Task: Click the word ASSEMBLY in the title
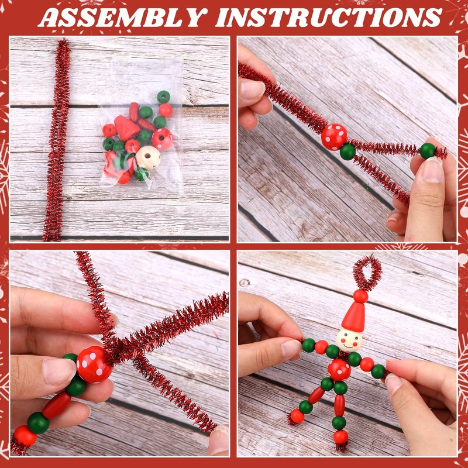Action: (123, 17)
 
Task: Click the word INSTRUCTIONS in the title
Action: (329, 17)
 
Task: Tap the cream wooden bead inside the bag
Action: (148, 157)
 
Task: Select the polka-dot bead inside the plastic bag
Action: (163, 139)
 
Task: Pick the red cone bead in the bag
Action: (126, 128)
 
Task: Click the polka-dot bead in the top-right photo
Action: (334, 137)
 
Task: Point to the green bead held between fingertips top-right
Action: (428, 151)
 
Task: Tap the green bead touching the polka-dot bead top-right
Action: (347, 152)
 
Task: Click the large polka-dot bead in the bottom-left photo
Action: (95, 364)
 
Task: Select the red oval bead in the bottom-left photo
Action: (56, 405)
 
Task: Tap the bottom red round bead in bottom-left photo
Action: (25, 436)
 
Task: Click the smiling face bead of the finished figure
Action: (349, 340)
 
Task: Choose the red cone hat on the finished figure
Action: (355, 316)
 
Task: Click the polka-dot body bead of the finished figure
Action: (339, 370)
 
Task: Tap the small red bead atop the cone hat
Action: (360, 296)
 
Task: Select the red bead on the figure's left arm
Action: (321, 347)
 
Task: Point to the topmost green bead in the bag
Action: (164, 97)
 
